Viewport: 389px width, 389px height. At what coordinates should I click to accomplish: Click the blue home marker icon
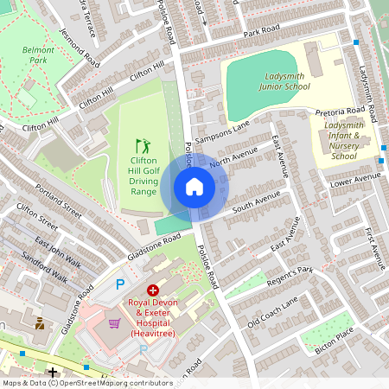[194, 186]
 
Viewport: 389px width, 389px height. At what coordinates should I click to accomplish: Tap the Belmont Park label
[38, 55]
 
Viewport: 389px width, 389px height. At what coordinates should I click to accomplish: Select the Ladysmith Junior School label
[284, 81]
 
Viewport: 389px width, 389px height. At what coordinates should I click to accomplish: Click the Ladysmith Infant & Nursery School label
[343, 140]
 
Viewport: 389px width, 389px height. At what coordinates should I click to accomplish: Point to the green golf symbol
[143, 146]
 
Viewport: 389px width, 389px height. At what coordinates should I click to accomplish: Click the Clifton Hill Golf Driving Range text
[143, 175]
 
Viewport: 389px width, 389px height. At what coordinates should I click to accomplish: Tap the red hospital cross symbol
[153, 291]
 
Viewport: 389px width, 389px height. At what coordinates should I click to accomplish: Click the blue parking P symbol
[121, 284]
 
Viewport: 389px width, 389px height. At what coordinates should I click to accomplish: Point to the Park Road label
[263, 32]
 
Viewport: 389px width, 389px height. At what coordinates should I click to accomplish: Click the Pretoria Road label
[341, 112]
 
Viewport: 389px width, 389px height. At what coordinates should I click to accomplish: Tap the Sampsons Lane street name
[221, 133]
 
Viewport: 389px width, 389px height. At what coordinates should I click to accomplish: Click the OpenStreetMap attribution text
[86, 382]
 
